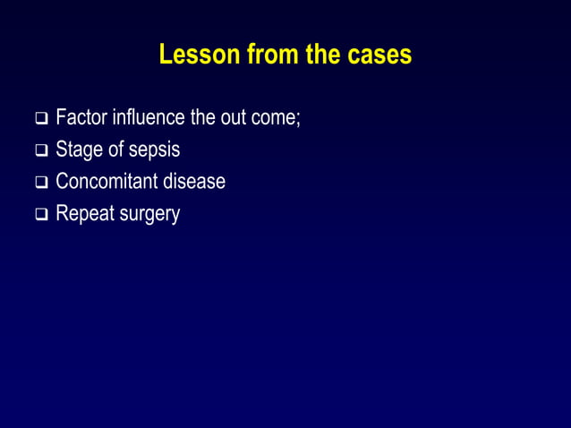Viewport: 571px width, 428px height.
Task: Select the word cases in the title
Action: click(x=379, y=55)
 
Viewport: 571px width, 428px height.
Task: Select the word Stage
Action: click(x=78, y=150)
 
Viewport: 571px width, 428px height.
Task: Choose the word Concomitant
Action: click(x=109, y=182)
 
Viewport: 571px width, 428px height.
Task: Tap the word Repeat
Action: click(x=82, y=215)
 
